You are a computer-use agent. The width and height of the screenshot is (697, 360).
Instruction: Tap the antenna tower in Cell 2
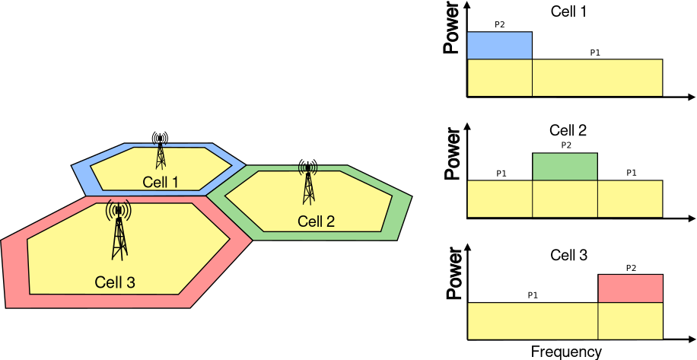pos(308,183)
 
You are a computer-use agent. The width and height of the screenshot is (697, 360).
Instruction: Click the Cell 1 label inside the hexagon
pos(160,182)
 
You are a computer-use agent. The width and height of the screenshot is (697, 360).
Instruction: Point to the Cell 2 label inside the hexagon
pos(316,221)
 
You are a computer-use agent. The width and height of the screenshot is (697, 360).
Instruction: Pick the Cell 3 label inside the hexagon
pos(115,282)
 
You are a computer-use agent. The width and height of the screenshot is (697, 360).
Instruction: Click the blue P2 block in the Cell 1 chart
pos(499,46)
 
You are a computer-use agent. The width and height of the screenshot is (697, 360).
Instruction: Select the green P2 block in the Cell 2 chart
pos(565,167)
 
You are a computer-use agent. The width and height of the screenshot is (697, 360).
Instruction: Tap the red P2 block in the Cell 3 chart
pos(630,288)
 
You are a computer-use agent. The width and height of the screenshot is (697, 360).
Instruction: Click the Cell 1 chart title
pos(569,11)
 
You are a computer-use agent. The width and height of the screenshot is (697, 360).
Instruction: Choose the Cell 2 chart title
pos(568,131)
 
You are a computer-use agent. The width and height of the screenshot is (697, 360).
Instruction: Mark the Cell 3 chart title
pos(568,255)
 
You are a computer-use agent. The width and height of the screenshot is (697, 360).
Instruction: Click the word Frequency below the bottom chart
pos(566,352)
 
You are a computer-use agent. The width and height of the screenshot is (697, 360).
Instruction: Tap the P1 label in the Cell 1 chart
pos(595,53)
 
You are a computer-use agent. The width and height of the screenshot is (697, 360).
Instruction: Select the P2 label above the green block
pos(565,145)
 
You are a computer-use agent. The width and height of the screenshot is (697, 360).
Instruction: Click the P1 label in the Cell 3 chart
pos(533,295)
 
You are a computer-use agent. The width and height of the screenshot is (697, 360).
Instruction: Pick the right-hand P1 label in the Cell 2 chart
pos(631,173)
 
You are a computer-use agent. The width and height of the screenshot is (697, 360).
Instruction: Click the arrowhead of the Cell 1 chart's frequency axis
pos(691,97)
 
